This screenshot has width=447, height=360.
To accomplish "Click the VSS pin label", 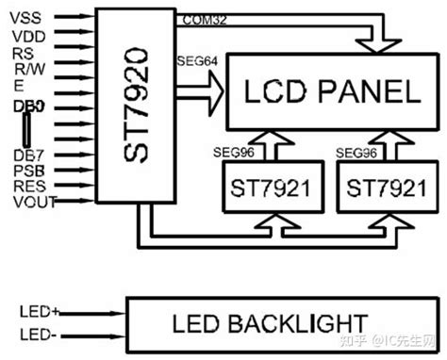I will point(26,18).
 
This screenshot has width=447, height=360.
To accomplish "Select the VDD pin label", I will point(27,36).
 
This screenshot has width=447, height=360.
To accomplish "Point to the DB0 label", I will point(25,107).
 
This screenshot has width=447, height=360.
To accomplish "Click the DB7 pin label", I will point(26,154).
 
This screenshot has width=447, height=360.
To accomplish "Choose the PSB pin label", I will point(26,170).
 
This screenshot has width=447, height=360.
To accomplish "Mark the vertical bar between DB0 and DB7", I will point(25,130).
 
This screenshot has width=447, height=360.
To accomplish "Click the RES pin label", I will point(26,186).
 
